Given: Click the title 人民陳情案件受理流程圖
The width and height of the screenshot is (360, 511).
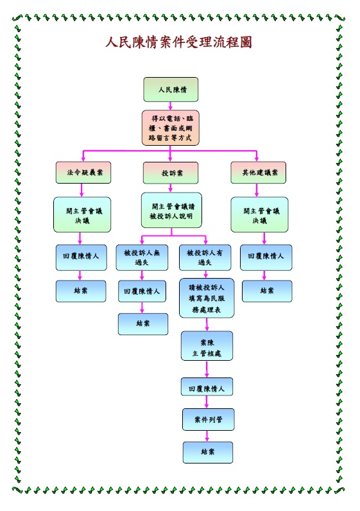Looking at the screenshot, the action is [178, 42].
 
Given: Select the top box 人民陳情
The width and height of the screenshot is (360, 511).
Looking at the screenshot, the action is [171, 90].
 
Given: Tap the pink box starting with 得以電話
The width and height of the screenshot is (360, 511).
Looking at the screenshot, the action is [171, 128].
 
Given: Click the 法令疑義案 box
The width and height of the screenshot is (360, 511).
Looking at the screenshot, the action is [83, 173].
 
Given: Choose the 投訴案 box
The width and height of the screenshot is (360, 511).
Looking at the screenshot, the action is [171, 173].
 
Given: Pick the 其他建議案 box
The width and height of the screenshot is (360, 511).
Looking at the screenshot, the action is [259, 173].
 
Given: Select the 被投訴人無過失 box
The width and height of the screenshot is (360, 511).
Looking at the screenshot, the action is [142, 257].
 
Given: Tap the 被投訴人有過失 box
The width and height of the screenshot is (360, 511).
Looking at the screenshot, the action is [205, 257].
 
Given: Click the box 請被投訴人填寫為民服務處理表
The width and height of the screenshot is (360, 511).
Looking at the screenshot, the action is [207, 298].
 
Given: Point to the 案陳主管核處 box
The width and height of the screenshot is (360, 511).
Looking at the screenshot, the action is [207, 346].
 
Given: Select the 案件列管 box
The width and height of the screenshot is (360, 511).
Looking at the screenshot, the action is [208, 419].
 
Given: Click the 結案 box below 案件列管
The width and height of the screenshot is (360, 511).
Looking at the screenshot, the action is [208, 453].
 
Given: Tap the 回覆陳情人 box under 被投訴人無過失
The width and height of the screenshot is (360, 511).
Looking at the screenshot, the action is [142, 291].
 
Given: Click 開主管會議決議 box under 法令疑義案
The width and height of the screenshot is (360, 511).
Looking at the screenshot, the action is [82, 214].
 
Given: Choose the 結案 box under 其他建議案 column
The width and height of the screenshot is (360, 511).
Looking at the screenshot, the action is [267, 291].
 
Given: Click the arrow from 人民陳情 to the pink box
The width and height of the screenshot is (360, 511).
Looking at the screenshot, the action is [171, 106].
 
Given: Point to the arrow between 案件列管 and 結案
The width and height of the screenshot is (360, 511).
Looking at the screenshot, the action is [207, 436].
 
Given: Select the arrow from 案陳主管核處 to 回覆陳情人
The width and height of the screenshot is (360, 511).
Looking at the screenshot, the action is [207, 369].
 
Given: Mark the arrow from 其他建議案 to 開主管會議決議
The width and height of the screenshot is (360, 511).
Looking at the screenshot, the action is [257, 190].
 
